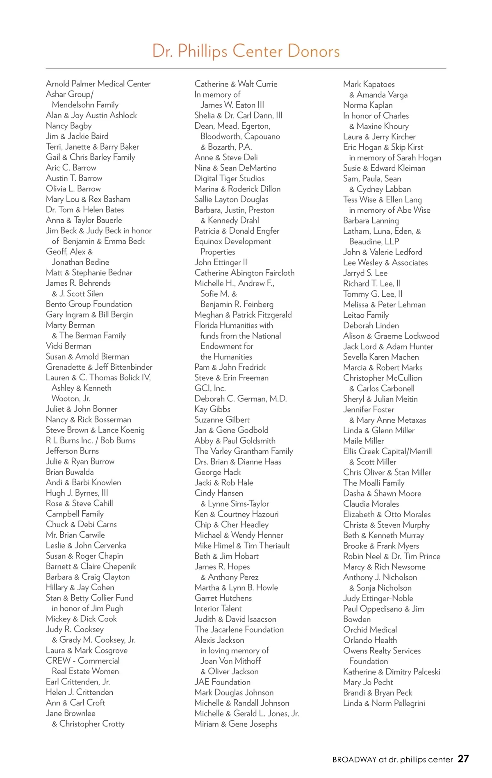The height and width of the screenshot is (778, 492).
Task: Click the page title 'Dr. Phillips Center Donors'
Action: pyautogui.click(x=246, y=51)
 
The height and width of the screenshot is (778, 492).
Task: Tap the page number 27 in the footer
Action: pyautogui.click(x=463, y=759)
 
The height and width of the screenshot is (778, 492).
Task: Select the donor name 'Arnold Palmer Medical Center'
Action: pyautogui.click(x=98, y=84)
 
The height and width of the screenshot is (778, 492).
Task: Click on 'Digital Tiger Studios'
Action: pyautogui.click(x=230, y=178)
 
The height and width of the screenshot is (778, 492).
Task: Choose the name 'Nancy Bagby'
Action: pyautogui.click(x=69, y=126)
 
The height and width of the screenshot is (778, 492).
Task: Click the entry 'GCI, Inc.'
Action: pyautogui.click(x=210, y=388)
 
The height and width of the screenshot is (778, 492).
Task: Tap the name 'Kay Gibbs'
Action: pyautogui.click(x=212, y=409)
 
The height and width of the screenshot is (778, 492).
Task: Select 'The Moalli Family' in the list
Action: pyautogui.click(x=374, y=483)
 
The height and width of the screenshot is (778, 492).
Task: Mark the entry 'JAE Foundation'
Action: pyautogui.click(x=223, y=682)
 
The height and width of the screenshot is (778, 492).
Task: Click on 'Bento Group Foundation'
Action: pyautogui.click(x=89, y=304)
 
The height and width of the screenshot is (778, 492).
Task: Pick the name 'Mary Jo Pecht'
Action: pyautogui.click(x=368, y=682)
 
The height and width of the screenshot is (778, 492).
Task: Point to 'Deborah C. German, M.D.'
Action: pyautogui.click(x=241, y=399)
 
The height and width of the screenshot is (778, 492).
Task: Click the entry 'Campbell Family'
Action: pyautogui.click(x=75, y=514)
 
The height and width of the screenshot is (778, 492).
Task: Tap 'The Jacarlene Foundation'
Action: pyautogui.click(x=239, y=630)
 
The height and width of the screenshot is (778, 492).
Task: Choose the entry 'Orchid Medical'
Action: pyautogui.click(x=370, y=630)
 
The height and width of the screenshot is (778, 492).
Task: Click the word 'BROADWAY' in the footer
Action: pyautogui.click(x=354, y=760)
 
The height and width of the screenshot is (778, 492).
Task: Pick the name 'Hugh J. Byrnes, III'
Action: pyautogui.click(x=77, y=493)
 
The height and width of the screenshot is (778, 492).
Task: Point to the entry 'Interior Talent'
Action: pyautogui.click(x=218, y=609)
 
